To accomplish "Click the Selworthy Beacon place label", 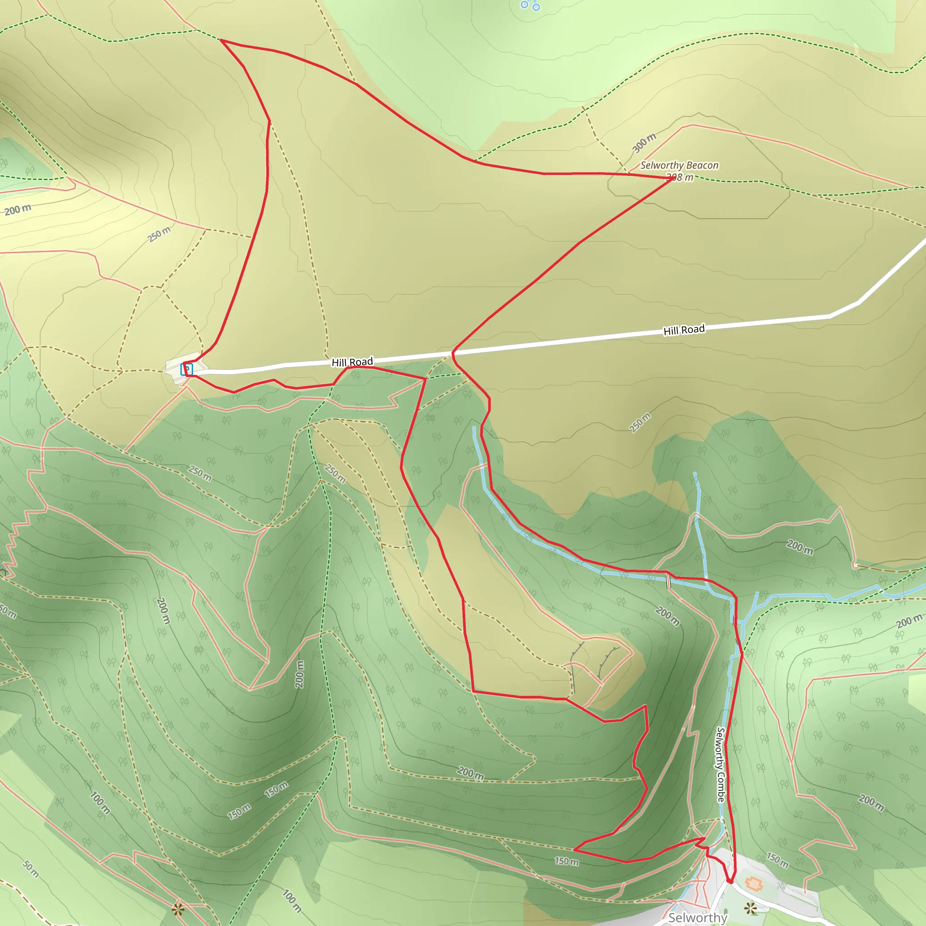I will pos(679,165).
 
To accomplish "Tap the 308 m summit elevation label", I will pos(680,177).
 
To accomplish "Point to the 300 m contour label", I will pos(644,143).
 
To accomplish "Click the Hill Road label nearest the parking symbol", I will pos(352,362).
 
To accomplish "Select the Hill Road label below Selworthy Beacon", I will pos(684,330).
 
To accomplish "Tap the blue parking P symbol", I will pos(186,369).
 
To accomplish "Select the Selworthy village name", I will pos(697,917).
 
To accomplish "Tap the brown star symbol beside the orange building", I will pos(751,907).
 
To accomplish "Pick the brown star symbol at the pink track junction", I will pos(178,909).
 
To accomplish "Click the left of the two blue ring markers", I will pos(524,5).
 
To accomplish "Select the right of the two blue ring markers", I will pos(536,7).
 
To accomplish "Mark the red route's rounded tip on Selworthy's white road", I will pos(730,881).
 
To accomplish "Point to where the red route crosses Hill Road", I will pos(453,354).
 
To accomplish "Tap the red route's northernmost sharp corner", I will pos(221,40).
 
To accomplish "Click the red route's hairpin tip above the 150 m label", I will pos(575,850).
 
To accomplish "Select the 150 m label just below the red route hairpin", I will pos(567,861).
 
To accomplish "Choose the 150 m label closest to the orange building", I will pos(777,860).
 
